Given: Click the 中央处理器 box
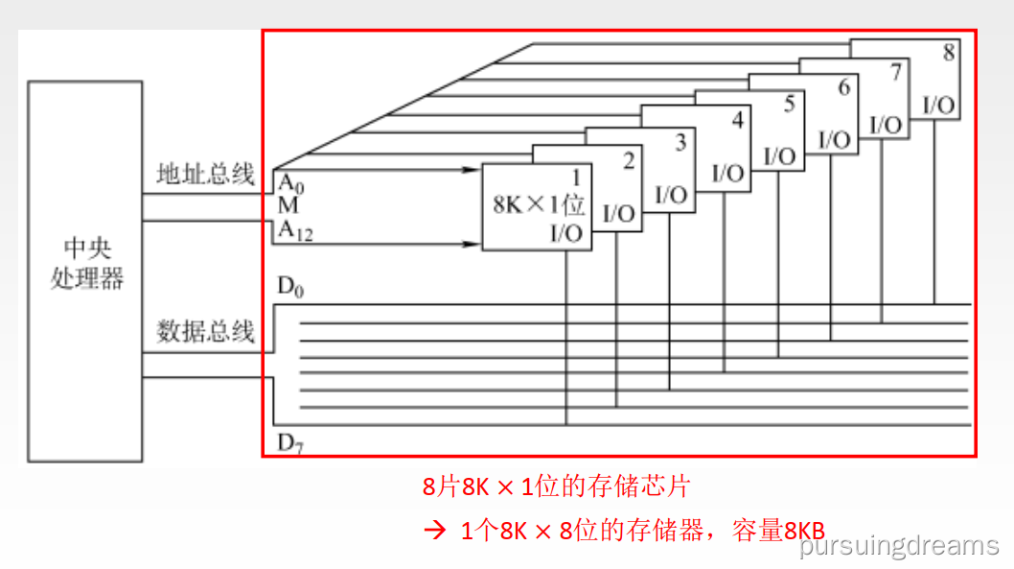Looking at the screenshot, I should pyautogui.click(x=86, y=270).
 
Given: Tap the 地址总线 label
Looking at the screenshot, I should pyautogui.click(x=205, y=175).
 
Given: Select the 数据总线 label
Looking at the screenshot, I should pyautogui.click(x=205, y=332).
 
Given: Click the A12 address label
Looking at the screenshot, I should pyautogui.click(x=295, y=230).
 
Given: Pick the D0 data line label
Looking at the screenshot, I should pyautogui.click(x=289, y=287).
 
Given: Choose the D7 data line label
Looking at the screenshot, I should pyautogui.click(x=290, y=442).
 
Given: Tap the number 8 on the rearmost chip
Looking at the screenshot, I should pyautogui.click(x=949, y=53).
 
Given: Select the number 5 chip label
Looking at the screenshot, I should pyautogui.click(x=789, y=104).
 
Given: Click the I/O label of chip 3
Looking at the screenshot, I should pyautogui.click(x=672, y=195).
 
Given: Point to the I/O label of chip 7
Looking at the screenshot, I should pyautogui.click(x=885, y=125).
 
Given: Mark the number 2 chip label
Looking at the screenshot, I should pyautogui.click(x=629, y=160).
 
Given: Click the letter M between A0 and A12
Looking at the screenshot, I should pyautogui.click(x=288, y=206).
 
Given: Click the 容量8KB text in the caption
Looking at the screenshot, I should pyautogui.click(x=777, y=530).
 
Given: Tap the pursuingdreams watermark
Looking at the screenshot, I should pyautogui.click(x=899, y=547).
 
